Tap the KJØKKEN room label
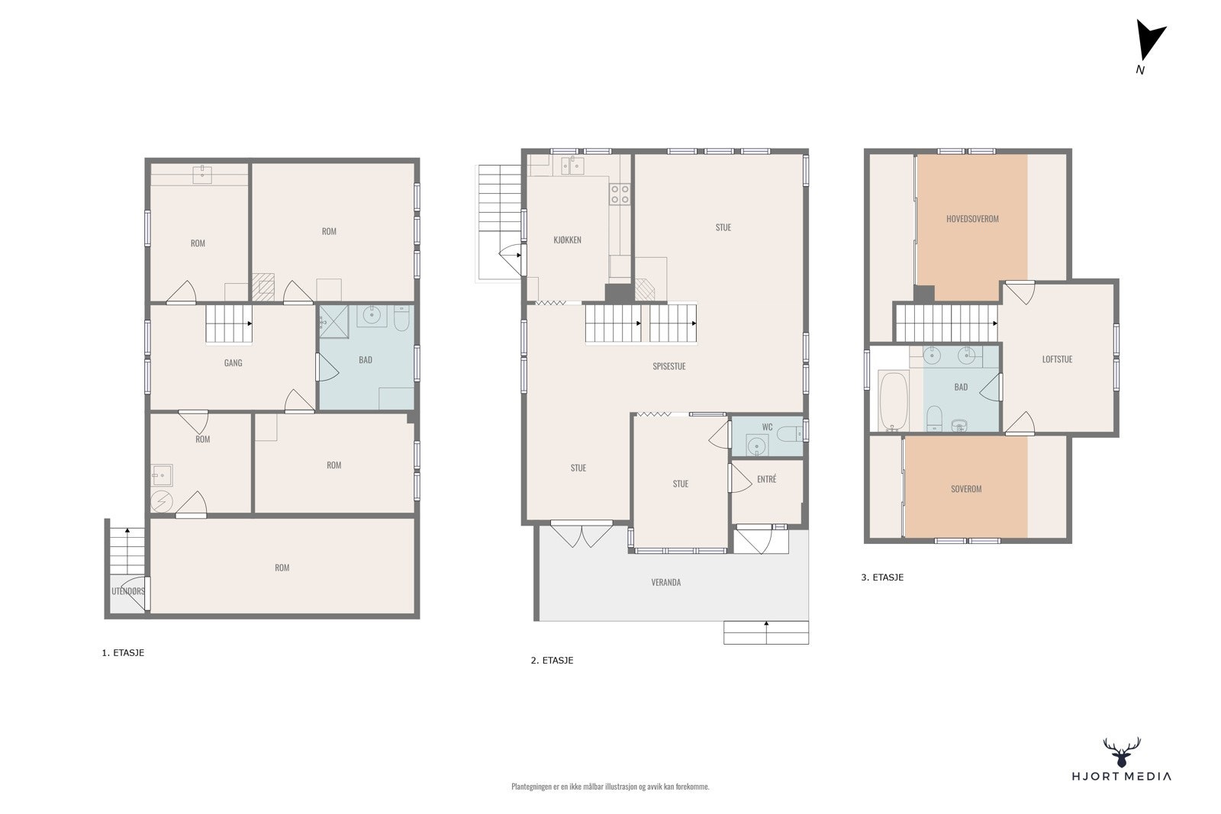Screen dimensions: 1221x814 pyautogui.click(x=567, y=240)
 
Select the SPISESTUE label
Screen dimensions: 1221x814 pyautogui.click(x=668, y=366)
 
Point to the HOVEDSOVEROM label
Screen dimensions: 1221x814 pyautogui.click(x=972, y=218)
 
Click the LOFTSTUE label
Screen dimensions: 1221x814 pyautogui.click(x=1057, y=359)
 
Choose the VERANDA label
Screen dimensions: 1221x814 pyautogui.click(x=665, y=582)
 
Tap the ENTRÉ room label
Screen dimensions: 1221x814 pyautogui.click(x=766, y=479)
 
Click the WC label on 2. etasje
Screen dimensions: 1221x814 pyautogui.click(x=767, y=426)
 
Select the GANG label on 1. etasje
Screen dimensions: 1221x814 pyautogui.click(x=233, y=362)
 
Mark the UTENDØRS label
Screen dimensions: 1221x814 pyautogui.click(x=128, y=591)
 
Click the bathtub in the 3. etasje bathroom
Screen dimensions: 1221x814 pyautogui.click(x=894, y=401)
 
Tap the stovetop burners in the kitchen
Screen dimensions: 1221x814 pyautogui.click(x=620, y=195)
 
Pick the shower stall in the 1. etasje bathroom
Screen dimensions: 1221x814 pyautogui.click(x=333, y=321)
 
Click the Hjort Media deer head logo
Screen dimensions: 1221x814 pyautogui.click(x=1122, y=752)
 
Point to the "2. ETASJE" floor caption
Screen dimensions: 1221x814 pyautogui.click(x=552, y=661)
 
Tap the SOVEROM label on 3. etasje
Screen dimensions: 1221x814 pyautogui.click(x=966, y=489)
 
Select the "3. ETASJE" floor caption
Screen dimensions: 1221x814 pyautogui.click(x=882, y=577)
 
